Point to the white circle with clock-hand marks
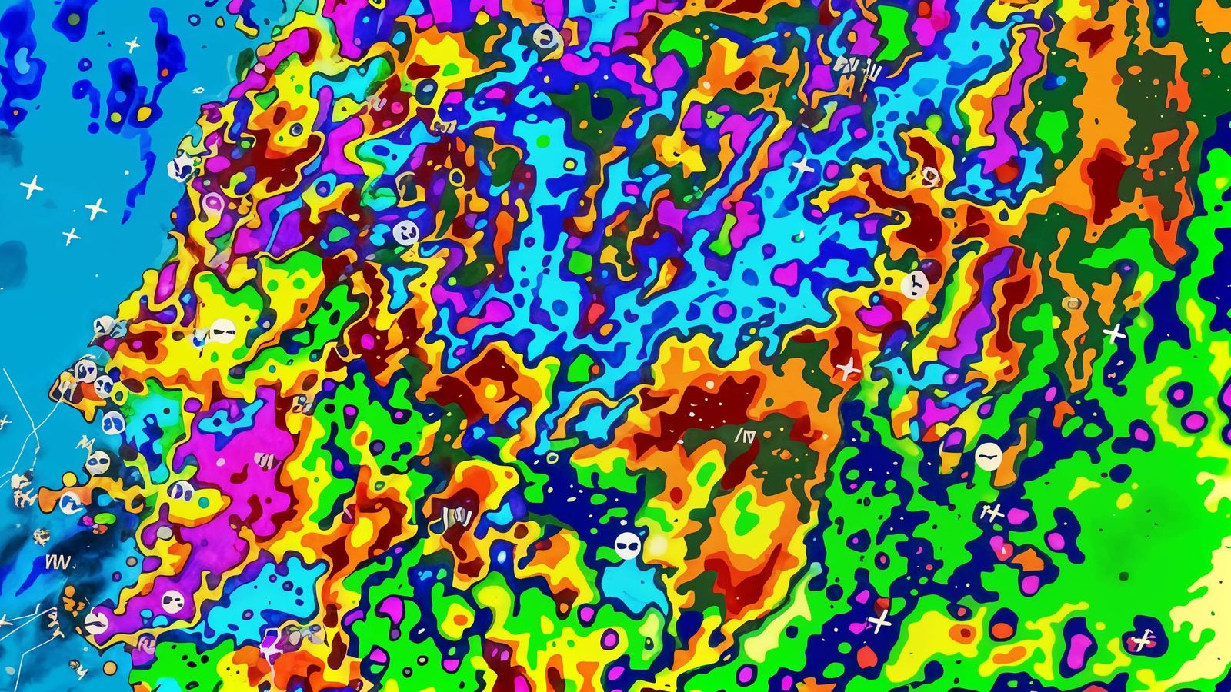pyautogui.click(x=915, y=284)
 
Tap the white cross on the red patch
pyautogui.click(x=849, y=370)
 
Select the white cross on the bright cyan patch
pyautogui.click(x=802, y=165)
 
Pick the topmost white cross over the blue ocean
pyautogui.click(x=132, y=45)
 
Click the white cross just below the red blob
pyautogui.click(x=879, y=621)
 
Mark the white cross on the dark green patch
pyautogui.click(x=1114, y=333)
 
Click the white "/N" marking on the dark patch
pyautogui.click(x=744, y=437)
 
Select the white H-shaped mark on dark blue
pyautogui.click(x=993, y=512)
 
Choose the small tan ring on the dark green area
pyautogui.click(x=1072, y=303)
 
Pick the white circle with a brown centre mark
pyautogui.click(x=545, y=35)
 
